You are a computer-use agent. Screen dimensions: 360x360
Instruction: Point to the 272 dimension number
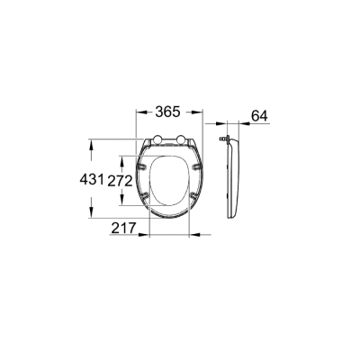coord(122,180)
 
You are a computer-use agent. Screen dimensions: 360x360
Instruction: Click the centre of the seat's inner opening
coord(167,180)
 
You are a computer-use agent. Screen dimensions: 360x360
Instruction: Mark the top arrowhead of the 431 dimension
coord(91,141)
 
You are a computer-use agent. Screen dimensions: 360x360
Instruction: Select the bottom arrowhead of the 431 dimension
coord(91,217)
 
